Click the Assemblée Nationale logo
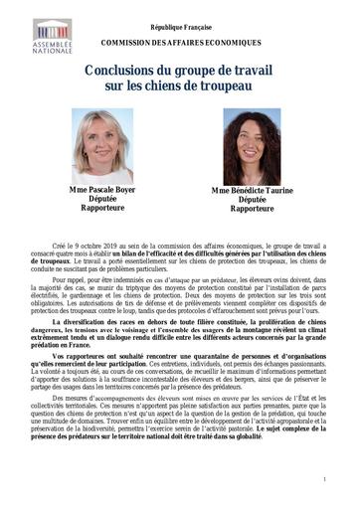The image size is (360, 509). click(51, 35)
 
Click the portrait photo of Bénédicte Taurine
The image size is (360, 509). click(250, 147)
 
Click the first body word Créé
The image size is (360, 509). click(61, 244)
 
